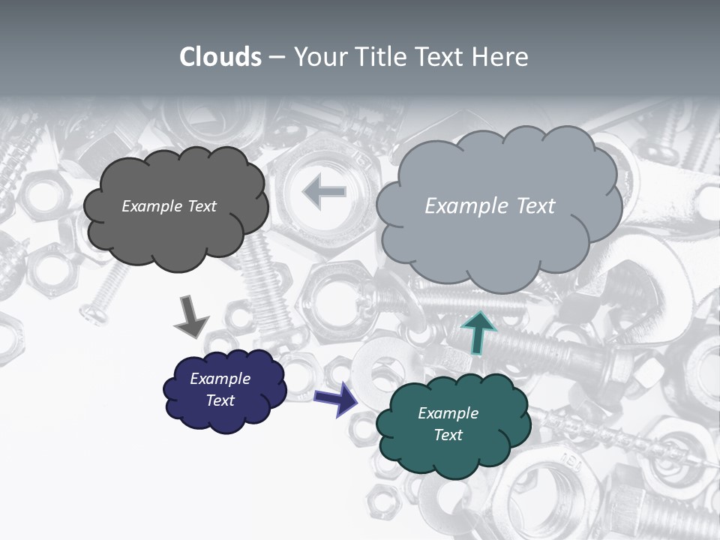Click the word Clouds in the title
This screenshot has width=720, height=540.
pyautogui.click(x=220, y=57)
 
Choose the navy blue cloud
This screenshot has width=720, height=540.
pyautogui.click(x=225, y=416)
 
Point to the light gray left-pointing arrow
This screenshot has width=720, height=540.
pyautogui.click(x=324, y=192)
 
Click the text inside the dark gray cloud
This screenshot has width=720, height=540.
pyautogui.click(x=169, y=206)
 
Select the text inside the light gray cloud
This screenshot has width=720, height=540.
pyautogui.click(x=490, y=206)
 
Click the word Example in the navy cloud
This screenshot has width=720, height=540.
pyautogui.click(x=220, y=379)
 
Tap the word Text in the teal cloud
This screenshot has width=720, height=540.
pyautogui.click(x=448, y=435)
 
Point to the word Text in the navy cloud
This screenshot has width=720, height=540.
pyautogui.click(x=220, y=400)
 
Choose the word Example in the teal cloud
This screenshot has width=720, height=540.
pyautogui.click(x=448, y=413)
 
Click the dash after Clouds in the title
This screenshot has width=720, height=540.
pyautogui.click(x=277, y=57)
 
